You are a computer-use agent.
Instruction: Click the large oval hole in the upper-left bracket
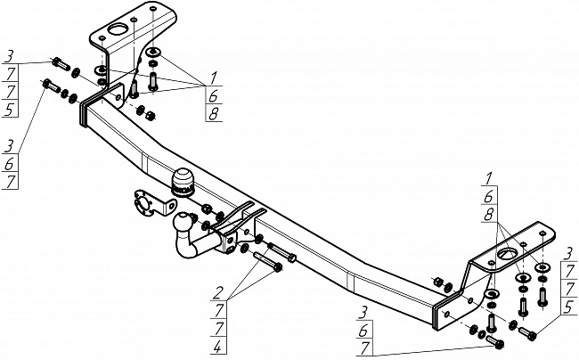coord(118,30)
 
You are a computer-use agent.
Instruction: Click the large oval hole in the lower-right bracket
coord(508,254)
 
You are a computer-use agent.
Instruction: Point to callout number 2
coord(218,293)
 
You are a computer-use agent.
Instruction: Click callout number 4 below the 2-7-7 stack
coord(218,347)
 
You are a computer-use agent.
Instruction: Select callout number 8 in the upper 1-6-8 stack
coord(214,114)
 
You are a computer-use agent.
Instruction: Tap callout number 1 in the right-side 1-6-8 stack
coord(488,179)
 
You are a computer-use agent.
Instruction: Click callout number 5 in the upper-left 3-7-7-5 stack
coord(10,110)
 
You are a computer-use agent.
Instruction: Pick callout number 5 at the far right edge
coord(569,307)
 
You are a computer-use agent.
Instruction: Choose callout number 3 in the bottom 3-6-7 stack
coord(363,313)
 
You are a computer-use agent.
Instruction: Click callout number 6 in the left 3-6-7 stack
coord(9,164)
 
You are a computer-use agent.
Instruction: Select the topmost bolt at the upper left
coord(61,64)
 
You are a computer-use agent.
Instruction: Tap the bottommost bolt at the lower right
coord(494,342)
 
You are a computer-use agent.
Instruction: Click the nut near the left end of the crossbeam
coord(151,115)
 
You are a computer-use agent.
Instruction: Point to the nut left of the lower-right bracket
coord(437,282)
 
